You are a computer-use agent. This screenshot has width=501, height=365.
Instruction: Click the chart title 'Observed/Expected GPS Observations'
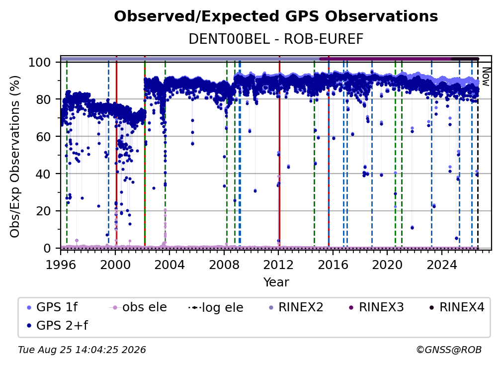(x=276, y=16)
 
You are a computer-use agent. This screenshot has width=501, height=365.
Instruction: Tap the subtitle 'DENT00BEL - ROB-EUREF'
(x=276, y=39)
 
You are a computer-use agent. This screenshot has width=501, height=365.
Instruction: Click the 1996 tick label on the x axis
(x=61, y=265)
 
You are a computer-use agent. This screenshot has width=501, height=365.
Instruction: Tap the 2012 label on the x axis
(x=278, y=265)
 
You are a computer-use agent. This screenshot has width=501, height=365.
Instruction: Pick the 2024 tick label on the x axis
(x=441, y=265)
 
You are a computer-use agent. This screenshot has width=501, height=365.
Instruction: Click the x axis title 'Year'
(x=276, y=282)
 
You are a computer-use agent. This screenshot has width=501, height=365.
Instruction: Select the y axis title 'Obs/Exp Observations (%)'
(x=15, y=157)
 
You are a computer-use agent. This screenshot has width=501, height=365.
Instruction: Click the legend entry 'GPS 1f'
(x=52, y=307)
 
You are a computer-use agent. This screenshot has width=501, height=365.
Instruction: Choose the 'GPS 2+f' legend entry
(x=57, y=325)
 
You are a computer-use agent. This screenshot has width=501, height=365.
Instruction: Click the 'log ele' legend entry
(x=216, y=307)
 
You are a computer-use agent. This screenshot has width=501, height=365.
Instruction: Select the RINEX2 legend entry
(x=296, y=307)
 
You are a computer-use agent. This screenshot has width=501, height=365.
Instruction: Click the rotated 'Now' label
(x=485, y=77)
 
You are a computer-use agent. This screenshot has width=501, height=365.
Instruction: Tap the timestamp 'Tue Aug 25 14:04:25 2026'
(x=82, y=350)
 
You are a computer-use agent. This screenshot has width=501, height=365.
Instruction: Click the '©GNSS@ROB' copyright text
(x=449, y=350)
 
